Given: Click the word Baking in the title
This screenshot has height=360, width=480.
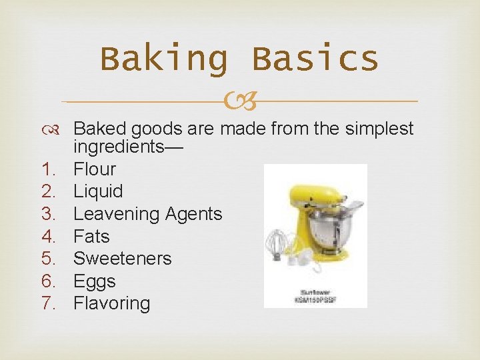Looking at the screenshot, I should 163,59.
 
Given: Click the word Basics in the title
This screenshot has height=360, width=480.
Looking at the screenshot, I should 315,59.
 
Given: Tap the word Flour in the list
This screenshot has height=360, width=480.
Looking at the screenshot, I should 94,169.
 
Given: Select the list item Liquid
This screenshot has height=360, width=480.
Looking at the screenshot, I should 98,191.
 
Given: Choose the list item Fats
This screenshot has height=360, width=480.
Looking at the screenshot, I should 91,236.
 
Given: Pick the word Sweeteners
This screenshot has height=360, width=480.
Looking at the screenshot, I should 122,259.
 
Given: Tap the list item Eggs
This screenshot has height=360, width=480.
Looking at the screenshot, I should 94,281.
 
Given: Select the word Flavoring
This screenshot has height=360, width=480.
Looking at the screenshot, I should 111,303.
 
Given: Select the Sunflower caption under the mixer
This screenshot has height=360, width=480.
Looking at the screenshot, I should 315,292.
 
